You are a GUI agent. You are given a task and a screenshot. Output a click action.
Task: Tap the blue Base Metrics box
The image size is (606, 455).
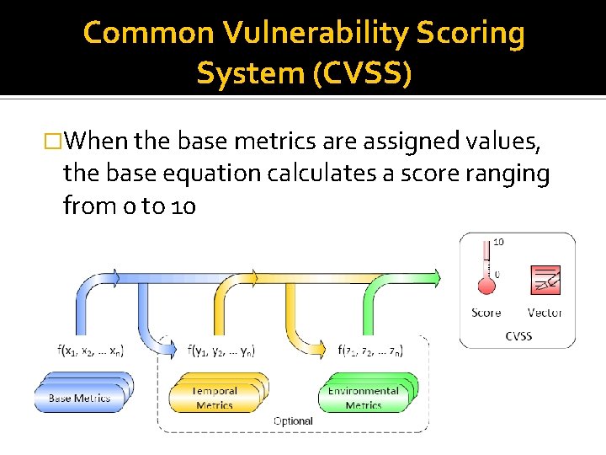coord(82,395)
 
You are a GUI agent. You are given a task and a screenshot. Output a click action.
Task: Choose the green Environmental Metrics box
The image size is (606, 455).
coord(365,396)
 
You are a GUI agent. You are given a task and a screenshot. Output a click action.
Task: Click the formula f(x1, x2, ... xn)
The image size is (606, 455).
coord(92,350)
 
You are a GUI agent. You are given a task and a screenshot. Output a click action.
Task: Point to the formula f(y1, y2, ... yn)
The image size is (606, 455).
coord(221,350)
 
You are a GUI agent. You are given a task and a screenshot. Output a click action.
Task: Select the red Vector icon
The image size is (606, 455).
coord(545,281)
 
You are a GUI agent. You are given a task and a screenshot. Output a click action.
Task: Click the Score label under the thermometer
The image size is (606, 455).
coord(486,313)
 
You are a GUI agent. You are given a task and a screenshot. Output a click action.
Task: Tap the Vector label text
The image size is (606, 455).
coord(545,313)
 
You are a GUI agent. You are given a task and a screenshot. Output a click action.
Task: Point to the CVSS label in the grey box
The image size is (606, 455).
coord(518,335)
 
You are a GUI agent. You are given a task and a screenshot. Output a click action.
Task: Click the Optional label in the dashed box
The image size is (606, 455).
coord(293,420)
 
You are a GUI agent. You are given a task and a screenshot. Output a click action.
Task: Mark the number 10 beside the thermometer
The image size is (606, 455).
coord(498,242)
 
